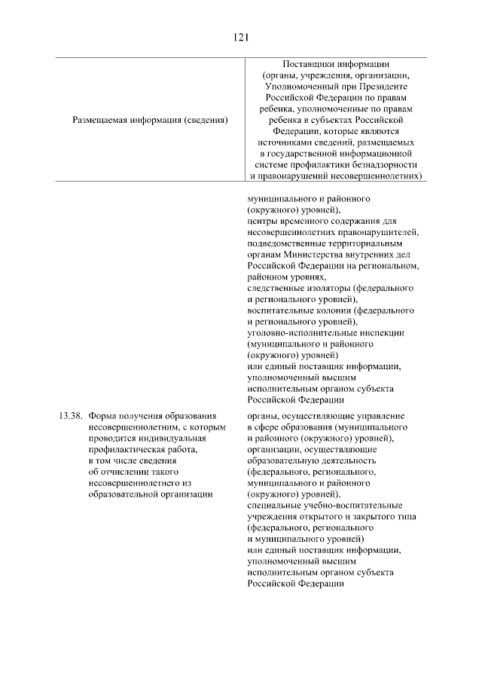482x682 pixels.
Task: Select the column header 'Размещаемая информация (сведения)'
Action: (x=150, y=120)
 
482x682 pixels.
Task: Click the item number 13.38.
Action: (x=69, y=416)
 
